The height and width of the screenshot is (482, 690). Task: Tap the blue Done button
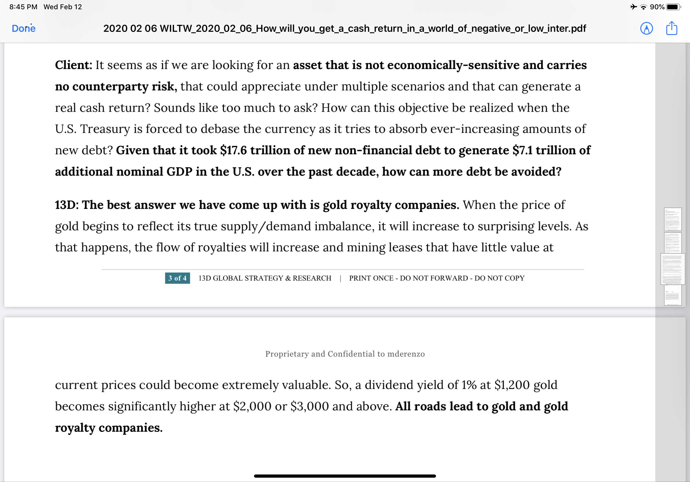click(x=23, y=29)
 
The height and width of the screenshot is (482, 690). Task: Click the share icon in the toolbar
click(x=672, y=29)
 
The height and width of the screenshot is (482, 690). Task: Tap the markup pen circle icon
click(x=646, y=29)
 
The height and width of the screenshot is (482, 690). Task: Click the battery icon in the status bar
click(x=673, y=7)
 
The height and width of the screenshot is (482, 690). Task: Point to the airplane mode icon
click(x=633, y=7)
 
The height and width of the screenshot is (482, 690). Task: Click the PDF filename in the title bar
click(x=344, y=29)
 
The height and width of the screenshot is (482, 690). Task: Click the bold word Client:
click(x=73, y=65)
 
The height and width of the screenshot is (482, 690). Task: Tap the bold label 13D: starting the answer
click(x=67, y=205)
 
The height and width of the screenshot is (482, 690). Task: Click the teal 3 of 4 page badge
click(x=177, y=278)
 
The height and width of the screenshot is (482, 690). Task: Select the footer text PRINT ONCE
click(x=371, y=278)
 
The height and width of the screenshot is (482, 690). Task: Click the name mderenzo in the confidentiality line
click(x=406, y=354)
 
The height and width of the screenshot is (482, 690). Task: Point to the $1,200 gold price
click(x=512, y=385)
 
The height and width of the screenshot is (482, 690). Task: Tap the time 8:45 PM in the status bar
click(x=23, y=7)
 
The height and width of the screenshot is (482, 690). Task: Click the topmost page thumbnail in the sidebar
click(x=673, y=219)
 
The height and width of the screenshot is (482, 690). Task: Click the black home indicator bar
click(x=345, y=476)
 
